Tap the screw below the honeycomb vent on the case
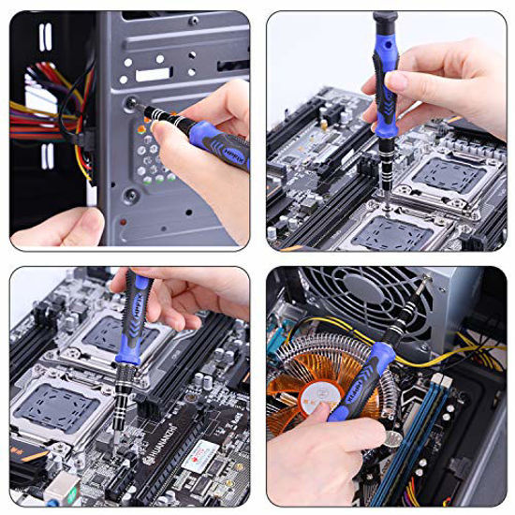click(132, 195)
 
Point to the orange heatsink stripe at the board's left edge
click(30, 453)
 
